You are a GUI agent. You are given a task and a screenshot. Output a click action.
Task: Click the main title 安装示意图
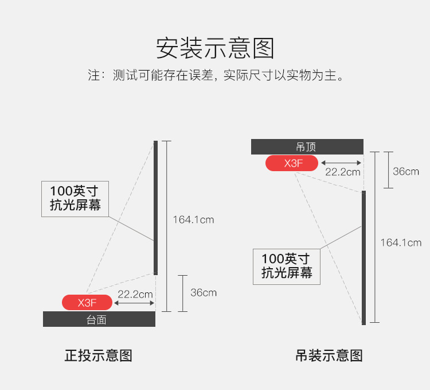point(215,48)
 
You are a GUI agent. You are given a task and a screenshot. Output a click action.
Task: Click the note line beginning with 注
point(216,75)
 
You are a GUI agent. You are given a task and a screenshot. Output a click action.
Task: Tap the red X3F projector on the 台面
point(87,302)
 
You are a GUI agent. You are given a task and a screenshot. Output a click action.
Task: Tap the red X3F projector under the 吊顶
point(292,163)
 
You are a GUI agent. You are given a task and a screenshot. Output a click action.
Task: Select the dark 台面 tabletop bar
point(99,319)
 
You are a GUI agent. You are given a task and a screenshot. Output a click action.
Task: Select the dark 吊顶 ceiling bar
point(307,146)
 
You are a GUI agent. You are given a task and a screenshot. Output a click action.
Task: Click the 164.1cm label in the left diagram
point(193,220)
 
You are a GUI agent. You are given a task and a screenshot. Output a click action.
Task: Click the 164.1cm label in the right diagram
point(401,243)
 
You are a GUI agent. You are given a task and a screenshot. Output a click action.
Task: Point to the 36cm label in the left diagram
point(204,293)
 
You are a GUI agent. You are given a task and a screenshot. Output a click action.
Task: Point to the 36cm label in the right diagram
point(406,171)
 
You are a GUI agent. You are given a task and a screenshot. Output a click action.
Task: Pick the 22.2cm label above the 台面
point(135,295)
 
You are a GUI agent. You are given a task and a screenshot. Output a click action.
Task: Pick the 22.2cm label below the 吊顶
point(342,172)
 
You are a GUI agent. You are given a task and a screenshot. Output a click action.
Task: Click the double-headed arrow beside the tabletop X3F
point(134,303)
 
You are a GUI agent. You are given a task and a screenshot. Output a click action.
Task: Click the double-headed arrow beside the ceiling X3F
point(341,163)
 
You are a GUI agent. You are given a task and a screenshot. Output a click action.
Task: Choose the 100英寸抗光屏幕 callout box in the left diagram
point(75,199)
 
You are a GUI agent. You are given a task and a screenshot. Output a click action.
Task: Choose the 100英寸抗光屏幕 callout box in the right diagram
point(287,267)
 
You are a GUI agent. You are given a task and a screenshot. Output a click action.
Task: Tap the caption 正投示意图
point(99,356)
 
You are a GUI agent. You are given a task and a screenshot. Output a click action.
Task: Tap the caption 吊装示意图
point(329,356)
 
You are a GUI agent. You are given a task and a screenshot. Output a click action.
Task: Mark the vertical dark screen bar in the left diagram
point(155,208)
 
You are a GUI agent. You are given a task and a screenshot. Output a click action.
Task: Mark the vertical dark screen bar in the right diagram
point(363,258)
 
